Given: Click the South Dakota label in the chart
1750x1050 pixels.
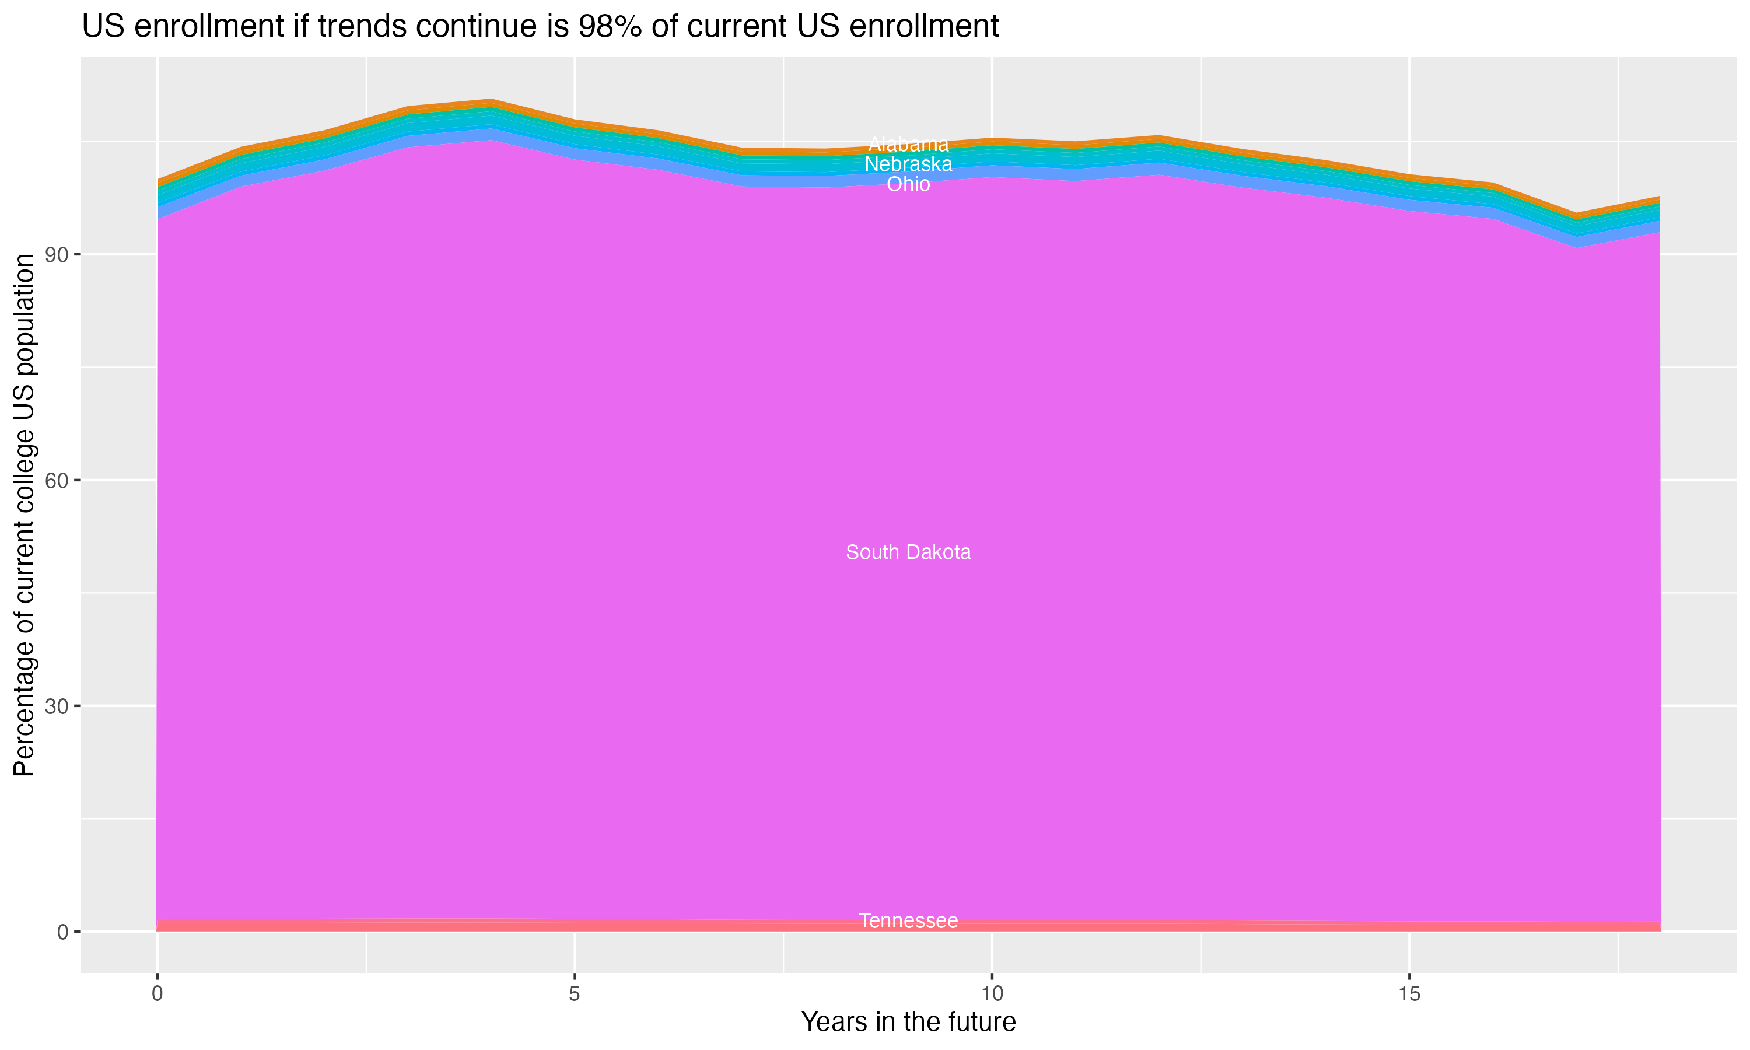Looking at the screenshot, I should (908, 552).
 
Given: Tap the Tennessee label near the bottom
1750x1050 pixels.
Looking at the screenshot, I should (908, 921).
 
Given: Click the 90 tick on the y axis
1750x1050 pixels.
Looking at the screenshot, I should (57, 255).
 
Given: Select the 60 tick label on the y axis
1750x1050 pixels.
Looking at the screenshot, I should (57, 481).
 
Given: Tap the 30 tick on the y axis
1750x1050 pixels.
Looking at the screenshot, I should (57, 706).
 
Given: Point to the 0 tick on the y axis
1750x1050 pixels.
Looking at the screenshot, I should (63, 932).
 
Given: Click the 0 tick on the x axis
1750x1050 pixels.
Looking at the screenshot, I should (157, 994).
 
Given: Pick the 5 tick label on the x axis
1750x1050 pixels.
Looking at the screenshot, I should (575, 994).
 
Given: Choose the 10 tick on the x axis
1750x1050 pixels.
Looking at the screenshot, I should (992, 994).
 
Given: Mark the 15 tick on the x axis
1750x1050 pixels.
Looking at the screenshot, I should (1409, 994).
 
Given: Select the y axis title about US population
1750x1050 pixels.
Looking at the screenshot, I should (24, 515).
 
